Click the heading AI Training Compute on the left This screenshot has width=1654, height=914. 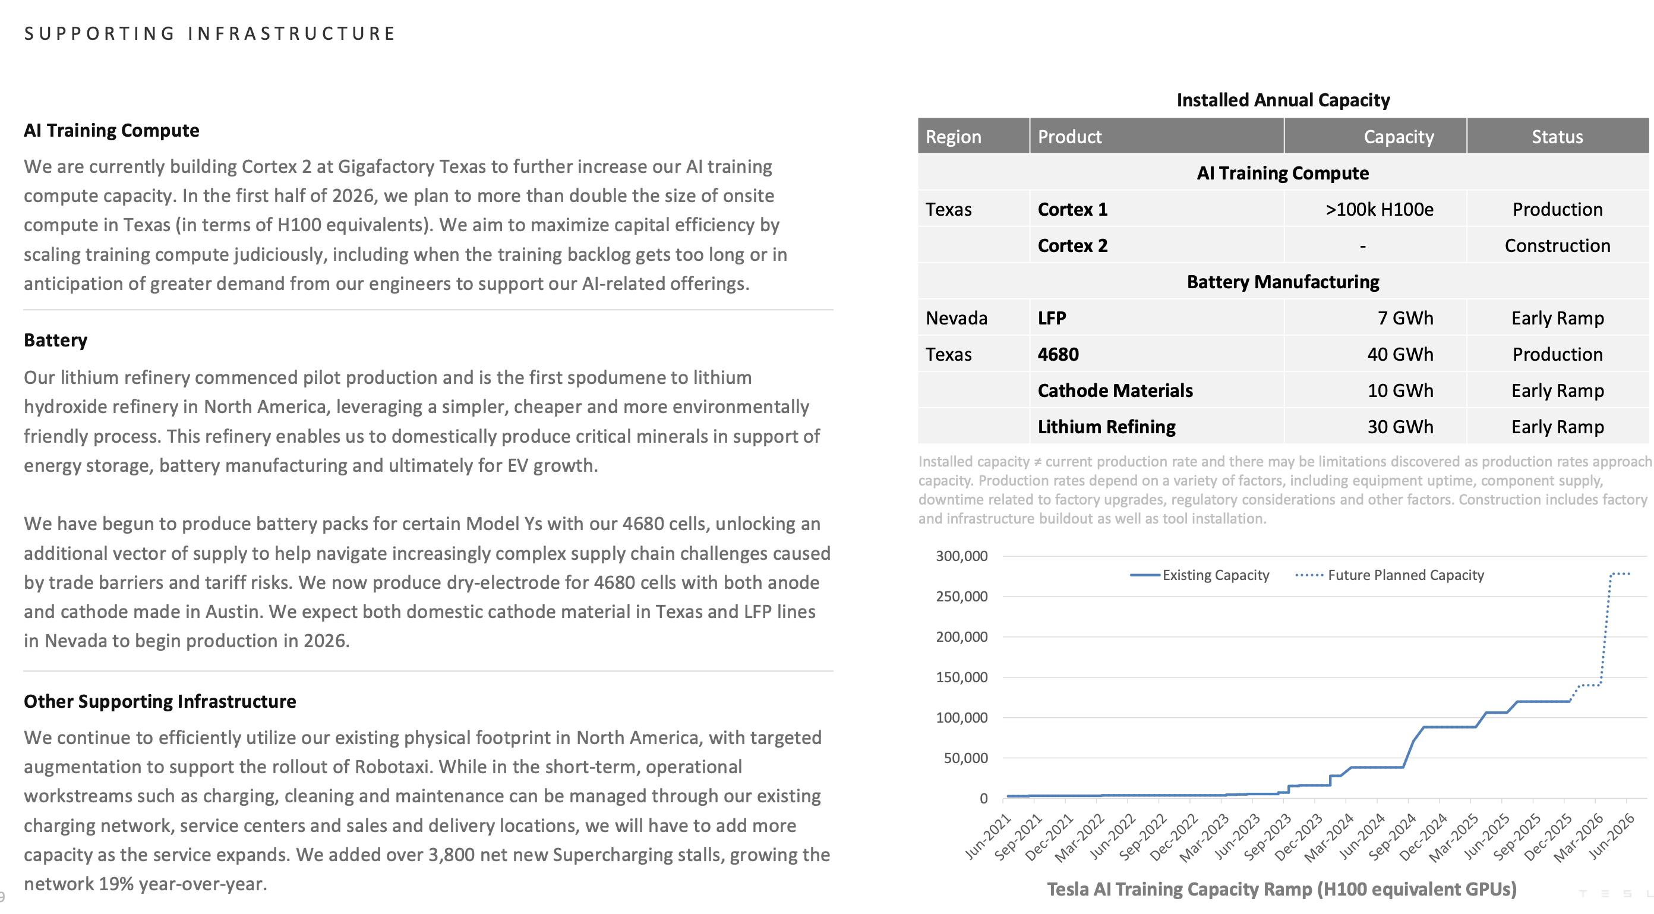coord(111,130)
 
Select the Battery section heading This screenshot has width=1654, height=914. coord(55,340)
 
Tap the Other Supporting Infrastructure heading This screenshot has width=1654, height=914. coord(160,701)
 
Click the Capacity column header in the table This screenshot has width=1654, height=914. coord(1398,136)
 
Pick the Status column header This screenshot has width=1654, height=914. coord(1557,136)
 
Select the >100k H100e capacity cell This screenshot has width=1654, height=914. coord(1378,209)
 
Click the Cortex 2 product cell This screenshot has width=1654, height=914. coord(1072,245)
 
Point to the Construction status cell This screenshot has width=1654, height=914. coord(1557,245)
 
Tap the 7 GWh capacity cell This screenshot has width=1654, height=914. coord(1405,318)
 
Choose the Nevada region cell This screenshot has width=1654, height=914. coord(956,318)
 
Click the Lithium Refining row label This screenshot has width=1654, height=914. coord(1106,427)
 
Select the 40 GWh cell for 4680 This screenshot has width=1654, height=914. coord(1400,354)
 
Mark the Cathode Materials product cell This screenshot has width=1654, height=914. coord(1115,390)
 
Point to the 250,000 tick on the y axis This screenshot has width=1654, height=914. coord(961,596)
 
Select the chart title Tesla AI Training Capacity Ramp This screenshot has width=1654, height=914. coord(1281,889)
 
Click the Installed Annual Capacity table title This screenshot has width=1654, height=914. coord(1282,100)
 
